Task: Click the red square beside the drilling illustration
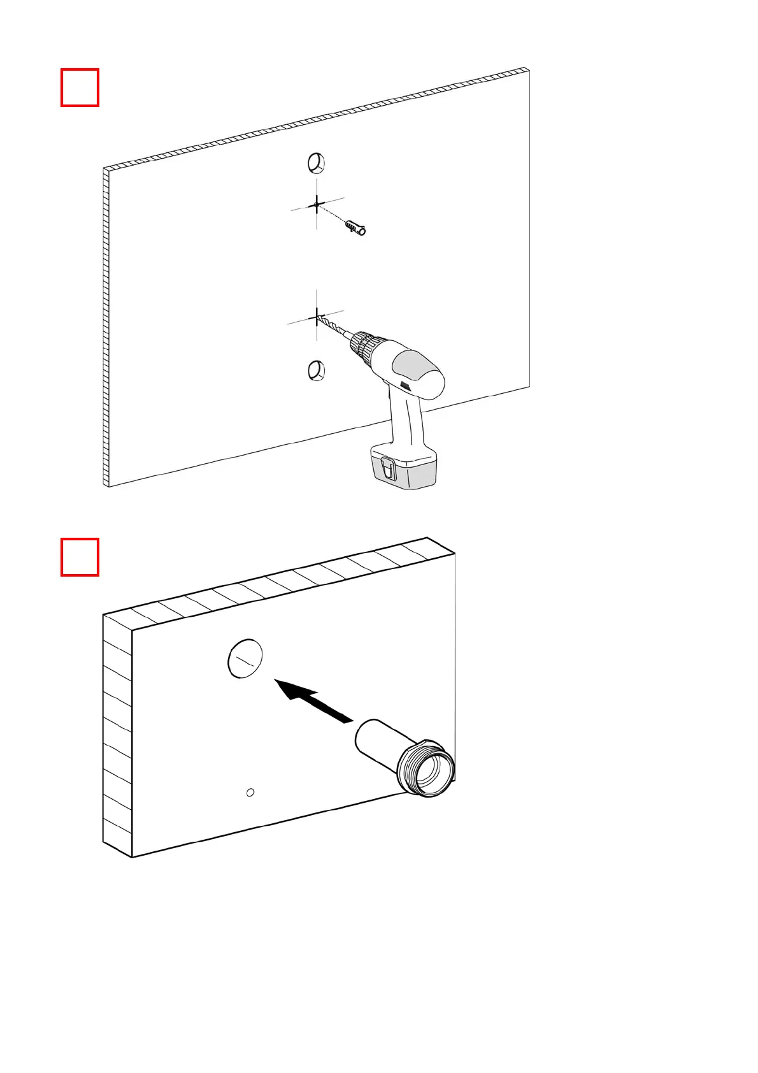point(80,87)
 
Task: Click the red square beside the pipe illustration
point(80,557)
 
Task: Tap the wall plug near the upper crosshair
point(355,227)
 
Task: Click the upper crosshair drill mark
point(317,205)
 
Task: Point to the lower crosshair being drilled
point(317,317)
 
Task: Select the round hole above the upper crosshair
point(317,163)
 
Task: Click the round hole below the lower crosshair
point(317,370)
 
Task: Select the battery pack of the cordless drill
point(404,466)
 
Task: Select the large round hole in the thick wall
point(245,658)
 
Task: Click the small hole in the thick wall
point(250,792)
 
